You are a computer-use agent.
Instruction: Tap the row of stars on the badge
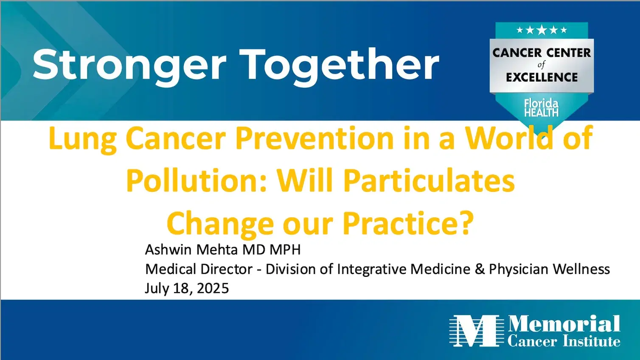pyautogui.click(x=542, y=30)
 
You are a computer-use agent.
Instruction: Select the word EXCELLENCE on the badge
pyautogui.click(x=542, y=77)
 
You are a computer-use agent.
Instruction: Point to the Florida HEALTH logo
pyautogui.click(x=541, y=108)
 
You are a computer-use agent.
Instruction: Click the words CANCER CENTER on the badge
pyautogui.click(x=542, y=53)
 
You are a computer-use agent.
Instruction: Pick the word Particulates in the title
pyautogui.click(x=429, y=181)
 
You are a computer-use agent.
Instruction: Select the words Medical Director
pyautogui.click(x=199, y=269)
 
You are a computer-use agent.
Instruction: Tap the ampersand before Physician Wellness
pyautogui.click(x=480, y=269)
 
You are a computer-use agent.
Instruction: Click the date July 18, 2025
pyautogui.click(x=187, y=288)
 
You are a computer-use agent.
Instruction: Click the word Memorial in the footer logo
pyautogui.click(x=564, y=324)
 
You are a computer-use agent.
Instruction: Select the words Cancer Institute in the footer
pyautogui.click(x=564, y=341)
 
